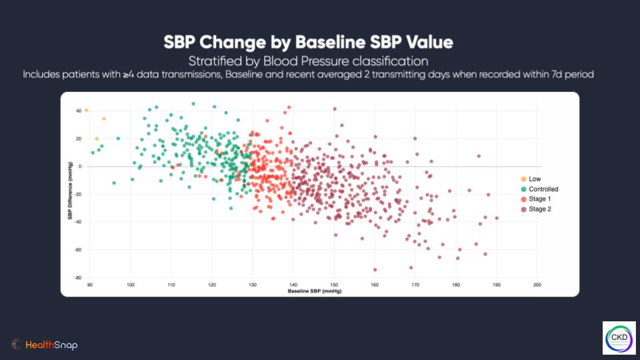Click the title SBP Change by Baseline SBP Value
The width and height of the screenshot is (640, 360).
click(309, 43)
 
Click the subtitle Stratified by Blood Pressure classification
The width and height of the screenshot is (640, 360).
click(309, 61)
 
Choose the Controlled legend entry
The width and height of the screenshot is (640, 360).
click(543, 189)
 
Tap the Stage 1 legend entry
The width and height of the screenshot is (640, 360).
click(539, 199)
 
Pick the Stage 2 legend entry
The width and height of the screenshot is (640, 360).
click(539, 209)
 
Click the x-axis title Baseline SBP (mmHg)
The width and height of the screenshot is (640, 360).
click(314, 292)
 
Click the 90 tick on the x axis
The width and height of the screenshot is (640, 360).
click(90, 285)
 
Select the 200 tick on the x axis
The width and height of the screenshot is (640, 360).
click(537, 285)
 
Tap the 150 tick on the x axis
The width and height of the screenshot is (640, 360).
click(334, 285)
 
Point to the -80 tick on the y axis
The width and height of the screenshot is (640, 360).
click(78, 277)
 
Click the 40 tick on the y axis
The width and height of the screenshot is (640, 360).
click(79, 111)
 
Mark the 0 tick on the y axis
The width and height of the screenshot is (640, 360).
click(80, 166)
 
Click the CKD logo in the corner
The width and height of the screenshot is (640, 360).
click(619, 338)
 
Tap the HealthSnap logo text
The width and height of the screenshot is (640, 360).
click(51, 345)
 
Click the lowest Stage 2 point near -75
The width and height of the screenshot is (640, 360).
click(375, 270)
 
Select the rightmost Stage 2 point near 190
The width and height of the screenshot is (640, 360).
click(497, 218)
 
